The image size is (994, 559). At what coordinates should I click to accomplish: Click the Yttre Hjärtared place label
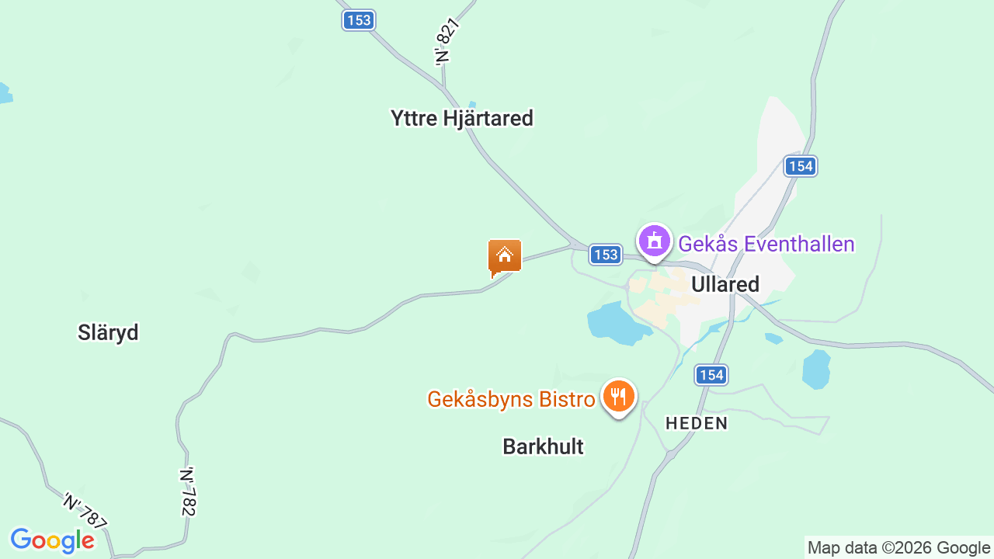click(x=462, y=118)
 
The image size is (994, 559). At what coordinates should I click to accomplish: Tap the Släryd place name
click(x=108, y=332)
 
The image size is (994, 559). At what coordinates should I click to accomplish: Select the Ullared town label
click(x=725, y=284)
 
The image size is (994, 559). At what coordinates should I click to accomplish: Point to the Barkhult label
click(x=543, y=446)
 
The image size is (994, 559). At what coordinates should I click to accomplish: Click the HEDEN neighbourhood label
click(x=697, y=423)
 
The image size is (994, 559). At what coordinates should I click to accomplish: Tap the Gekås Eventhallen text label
click(x=766, y=244)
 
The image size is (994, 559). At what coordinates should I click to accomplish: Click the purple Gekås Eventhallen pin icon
click(x=655, y=241)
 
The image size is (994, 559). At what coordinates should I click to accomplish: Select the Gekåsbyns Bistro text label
click(x=511, y=399)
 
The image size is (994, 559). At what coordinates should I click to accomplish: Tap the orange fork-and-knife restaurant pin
click(x=618, y=397)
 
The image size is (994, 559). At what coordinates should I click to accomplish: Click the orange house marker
click(x=504, y=256)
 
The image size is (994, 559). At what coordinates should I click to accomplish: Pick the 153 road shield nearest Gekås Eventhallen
click(x=605, y=254)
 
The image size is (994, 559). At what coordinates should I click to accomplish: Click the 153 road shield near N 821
click(x=359, y=20)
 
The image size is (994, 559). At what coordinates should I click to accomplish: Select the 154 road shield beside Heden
click(x=711, y=375)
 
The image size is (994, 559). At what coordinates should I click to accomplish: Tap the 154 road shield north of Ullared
click(x=800, y=165)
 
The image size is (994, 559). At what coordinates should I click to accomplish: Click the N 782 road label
click(x=188, y=491)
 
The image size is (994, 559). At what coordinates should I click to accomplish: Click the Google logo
click(x=52, y=540)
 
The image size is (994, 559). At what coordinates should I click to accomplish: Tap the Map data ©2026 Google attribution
click(x=898, y=547)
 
